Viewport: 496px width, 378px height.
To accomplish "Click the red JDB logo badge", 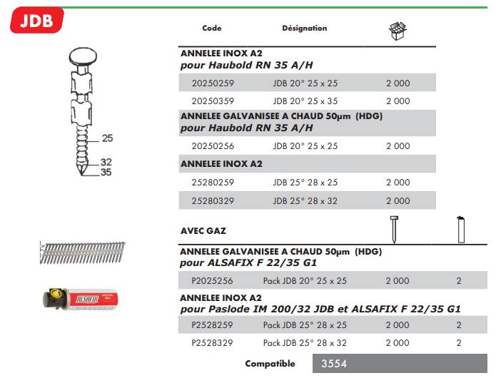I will (36, 20).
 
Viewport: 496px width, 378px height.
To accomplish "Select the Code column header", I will (212, 29).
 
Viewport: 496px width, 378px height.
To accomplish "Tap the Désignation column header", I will (304, 29).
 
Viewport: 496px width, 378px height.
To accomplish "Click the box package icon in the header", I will (397, 30).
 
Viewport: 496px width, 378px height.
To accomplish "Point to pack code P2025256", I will (212, 281).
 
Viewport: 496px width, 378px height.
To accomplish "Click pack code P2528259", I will (212, 325).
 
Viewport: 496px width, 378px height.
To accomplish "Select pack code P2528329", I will (212, 343).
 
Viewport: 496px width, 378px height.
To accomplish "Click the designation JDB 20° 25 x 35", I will (305, 101).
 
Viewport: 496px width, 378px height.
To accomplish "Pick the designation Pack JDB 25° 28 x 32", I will (305, 343).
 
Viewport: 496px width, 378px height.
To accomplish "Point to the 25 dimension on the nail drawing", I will (107, 138).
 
